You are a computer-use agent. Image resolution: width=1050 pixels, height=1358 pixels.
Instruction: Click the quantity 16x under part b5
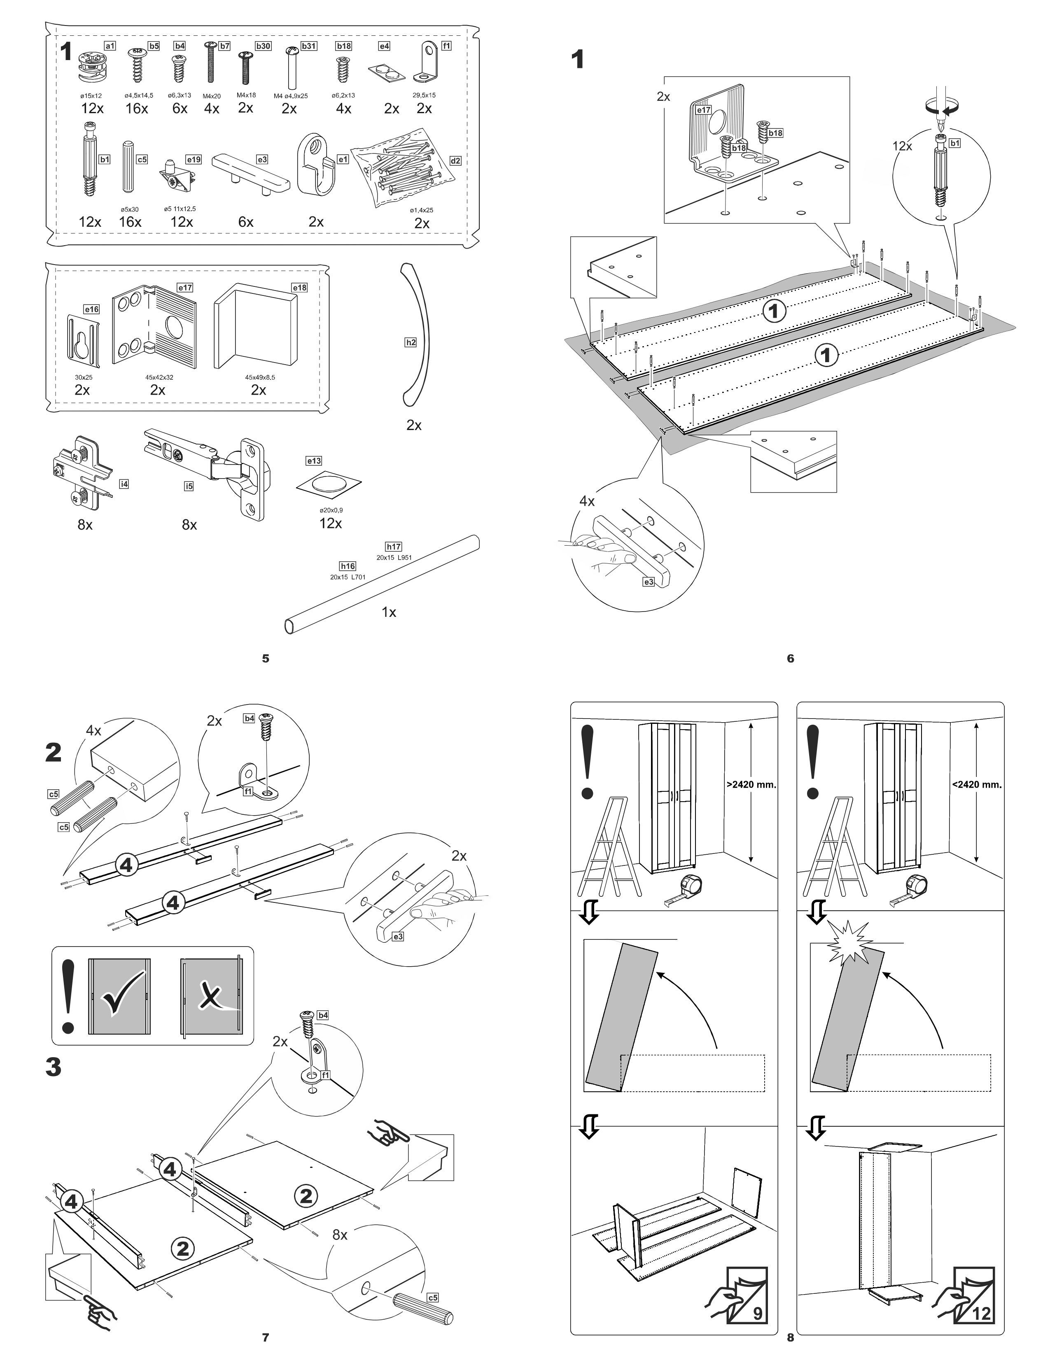[x=137, y=108]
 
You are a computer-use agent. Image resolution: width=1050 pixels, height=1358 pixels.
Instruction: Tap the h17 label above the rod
[x=393, y=546]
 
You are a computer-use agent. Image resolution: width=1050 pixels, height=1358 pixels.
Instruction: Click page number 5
[x=266, y=658]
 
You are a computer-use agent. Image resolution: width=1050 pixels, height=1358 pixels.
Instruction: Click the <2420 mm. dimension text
[x=977, y=784]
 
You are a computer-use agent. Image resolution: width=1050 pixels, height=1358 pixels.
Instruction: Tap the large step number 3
[x=54, y=1067]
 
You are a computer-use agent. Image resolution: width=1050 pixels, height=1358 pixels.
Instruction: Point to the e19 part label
[x=194, y=160]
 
